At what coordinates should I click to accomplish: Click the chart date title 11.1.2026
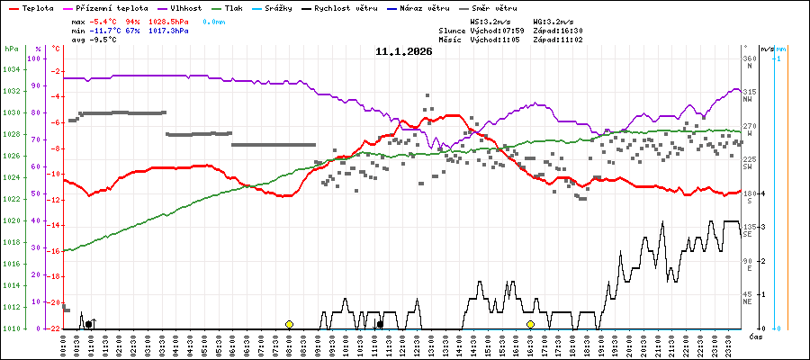click(x=404, y=51)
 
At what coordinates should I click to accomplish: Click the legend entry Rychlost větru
click(x=352, y=7)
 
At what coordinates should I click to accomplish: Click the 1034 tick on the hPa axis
click(x=12, y=69)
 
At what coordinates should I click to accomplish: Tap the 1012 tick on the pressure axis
click(x=12, y=307)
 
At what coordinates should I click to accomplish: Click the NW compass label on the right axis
click(x=748, y=100)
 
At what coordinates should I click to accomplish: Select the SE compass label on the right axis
click(x=748, y=235)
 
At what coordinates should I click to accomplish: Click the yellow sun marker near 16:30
click(x=531, y=324)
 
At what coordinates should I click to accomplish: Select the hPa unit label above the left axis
click(x=12, y=49)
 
